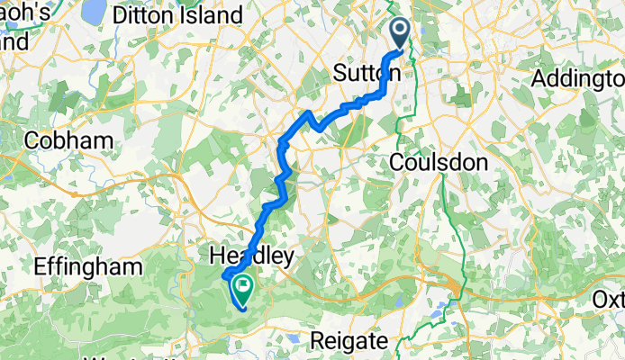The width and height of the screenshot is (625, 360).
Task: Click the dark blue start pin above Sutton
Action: point(401,32)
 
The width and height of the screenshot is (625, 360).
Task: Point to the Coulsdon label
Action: point(439,162)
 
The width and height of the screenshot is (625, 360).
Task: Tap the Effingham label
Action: point(87,266)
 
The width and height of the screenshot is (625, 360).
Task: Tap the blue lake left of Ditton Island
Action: point(94,11)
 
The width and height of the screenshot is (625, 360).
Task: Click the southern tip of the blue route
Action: point(242,311)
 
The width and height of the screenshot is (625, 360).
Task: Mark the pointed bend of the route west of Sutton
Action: point(310,113)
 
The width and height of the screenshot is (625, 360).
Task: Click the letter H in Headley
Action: point(214,256)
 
